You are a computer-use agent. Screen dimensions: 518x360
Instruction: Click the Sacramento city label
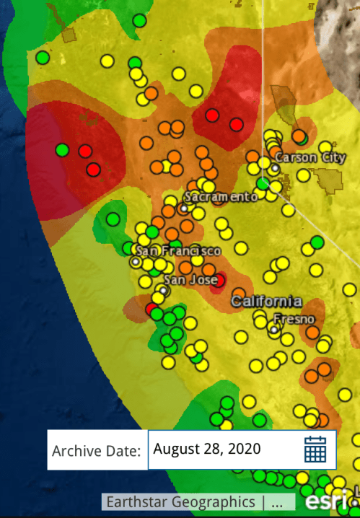tap(221, 196)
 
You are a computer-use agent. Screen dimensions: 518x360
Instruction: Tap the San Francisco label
tap(178, 250)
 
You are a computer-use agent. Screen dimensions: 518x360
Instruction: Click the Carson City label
tap(305, 157)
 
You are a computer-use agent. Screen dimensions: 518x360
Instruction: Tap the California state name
tap(266, 301)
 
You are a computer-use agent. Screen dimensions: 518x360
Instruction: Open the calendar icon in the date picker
tap(315, 449)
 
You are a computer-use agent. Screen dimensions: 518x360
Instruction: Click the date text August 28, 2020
tap(208, 449)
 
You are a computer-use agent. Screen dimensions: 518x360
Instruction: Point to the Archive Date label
tap(96, 450)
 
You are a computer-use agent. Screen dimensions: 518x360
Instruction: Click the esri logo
tap(321, 501)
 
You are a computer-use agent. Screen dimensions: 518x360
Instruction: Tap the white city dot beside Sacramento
tap(184, 208)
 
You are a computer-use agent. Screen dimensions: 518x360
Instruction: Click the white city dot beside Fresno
tap(273, 330)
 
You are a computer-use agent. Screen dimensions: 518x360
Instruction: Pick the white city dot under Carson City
tap(275, 168)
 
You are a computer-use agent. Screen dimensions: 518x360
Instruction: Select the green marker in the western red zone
tap(62, 150)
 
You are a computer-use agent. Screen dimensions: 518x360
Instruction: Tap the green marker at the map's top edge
tap(139, 21)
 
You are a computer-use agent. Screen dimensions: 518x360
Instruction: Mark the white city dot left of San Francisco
tap(135, 262)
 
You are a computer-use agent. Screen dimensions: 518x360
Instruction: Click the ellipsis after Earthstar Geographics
tap(282, 501)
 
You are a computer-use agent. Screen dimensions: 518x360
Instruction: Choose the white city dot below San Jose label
tap(163, 291)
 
